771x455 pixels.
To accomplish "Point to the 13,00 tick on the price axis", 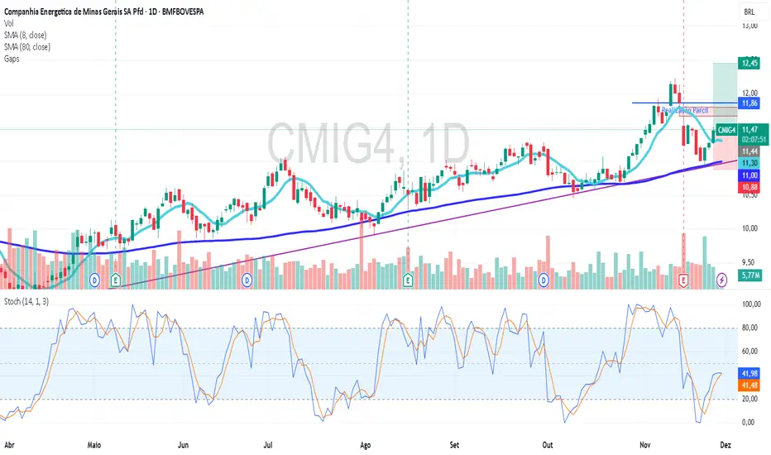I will (749, 26).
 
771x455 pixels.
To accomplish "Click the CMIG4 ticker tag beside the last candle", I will (726, 130).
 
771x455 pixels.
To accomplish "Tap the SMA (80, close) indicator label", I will (27, 47).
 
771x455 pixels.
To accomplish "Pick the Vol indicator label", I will (9, 24).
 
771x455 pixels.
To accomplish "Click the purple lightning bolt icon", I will (721, 280).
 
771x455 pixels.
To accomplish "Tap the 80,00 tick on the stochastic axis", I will (750, 328).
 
